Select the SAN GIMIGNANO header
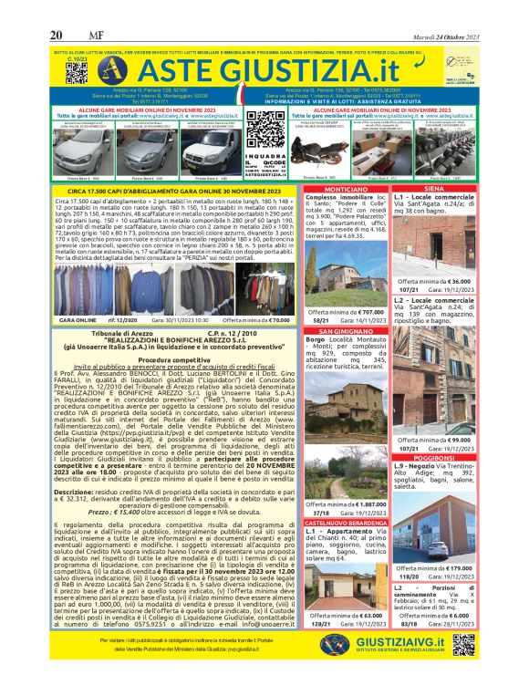click(x=338, y=332)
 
